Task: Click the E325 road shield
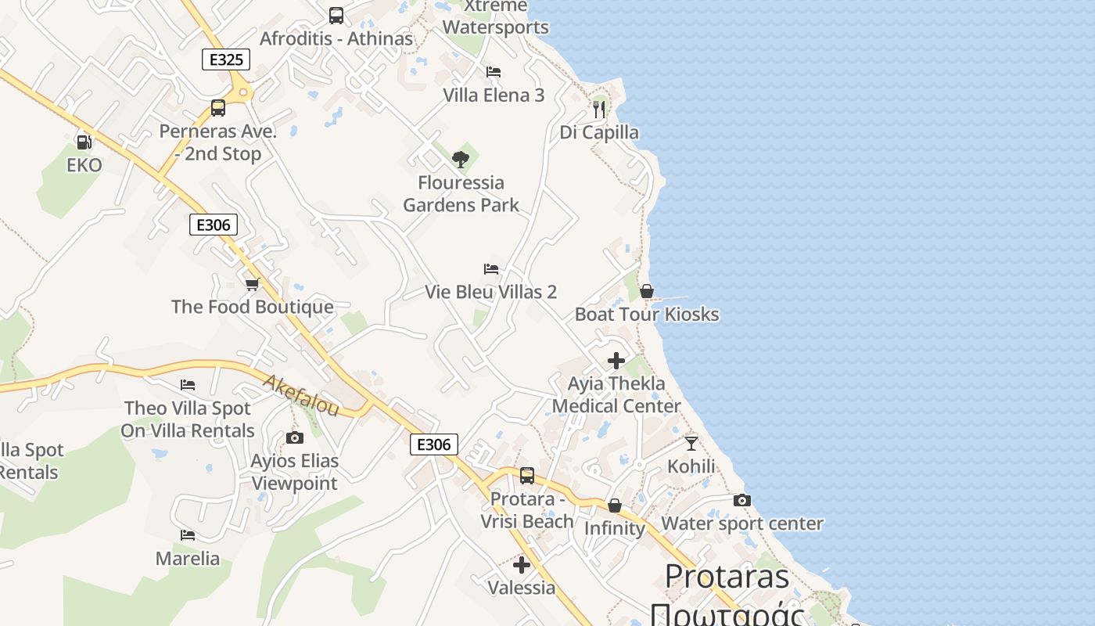226,59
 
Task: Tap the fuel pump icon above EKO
84,142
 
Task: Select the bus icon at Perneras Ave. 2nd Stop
218,108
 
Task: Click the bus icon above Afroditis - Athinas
336,15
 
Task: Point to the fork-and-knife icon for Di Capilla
599,109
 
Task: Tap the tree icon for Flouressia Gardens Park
461,160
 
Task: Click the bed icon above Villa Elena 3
494,72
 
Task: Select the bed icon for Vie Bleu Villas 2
491,269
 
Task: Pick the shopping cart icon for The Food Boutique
252,284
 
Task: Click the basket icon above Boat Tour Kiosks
647,291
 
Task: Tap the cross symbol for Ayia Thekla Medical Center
616,361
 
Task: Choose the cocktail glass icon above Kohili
691,444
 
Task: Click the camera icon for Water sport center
741,500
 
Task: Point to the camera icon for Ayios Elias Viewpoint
294,437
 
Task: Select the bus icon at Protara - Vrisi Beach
527,475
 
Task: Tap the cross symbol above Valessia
522,564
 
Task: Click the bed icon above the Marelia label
188,535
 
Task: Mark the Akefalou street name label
301,395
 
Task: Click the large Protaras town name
727,577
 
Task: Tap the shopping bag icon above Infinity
615,506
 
